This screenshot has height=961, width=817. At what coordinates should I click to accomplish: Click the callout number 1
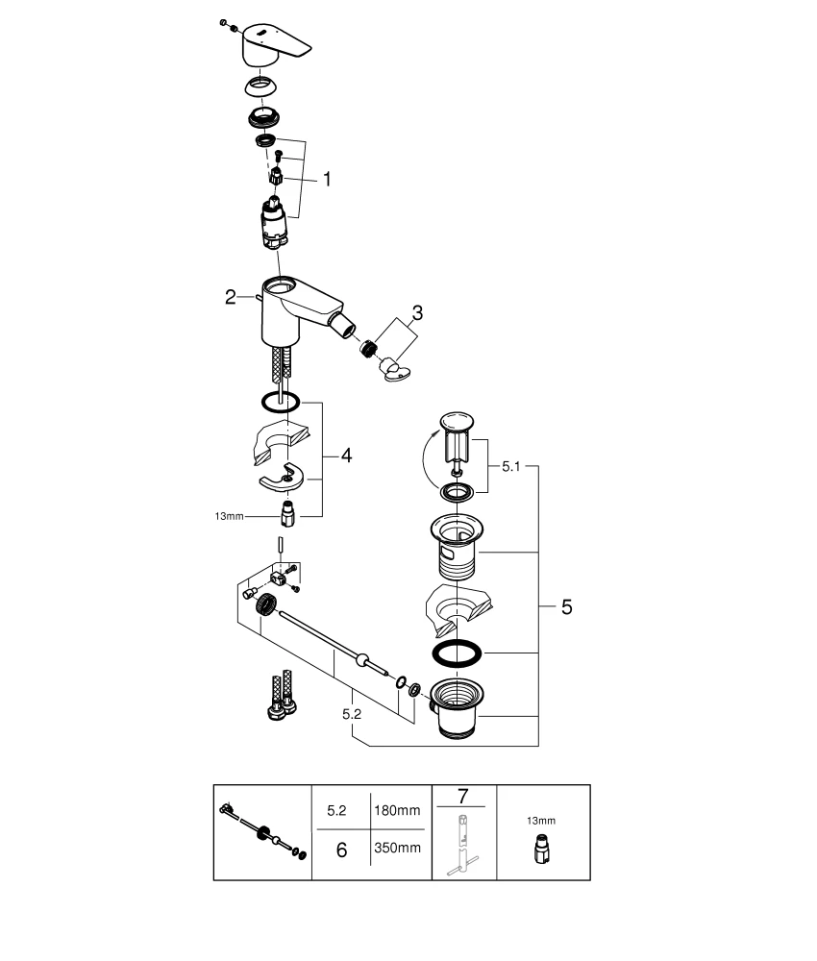[x=327, y=179]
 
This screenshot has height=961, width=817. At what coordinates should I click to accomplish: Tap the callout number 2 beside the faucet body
[x=231, y=298]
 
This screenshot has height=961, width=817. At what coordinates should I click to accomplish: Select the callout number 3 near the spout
[x=417, y=312]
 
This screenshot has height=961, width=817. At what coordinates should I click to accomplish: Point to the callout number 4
[x=345, y=456]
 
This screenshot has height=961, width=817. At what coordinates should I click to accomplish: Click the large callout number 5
[x=566, y=606]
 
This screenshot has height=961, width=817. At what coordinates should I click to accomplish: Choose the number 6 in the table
[x=341, y=849]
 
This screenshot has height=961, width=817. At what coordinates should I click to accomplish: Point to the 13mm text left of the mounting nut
[x=231, y=516]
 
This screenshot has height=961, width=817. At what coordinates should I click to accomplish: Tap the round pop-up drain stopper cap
[x=457, y=420]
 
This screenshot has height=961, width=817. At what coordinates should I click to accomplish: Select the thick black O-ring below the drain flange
[x=457, y=652]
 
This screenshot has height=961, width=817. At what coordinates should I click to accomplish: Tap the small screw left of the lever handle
[x=223, y=21]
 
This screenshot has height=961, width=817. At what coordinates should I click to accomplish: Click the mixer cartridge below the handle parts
[x=276, y=223]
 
